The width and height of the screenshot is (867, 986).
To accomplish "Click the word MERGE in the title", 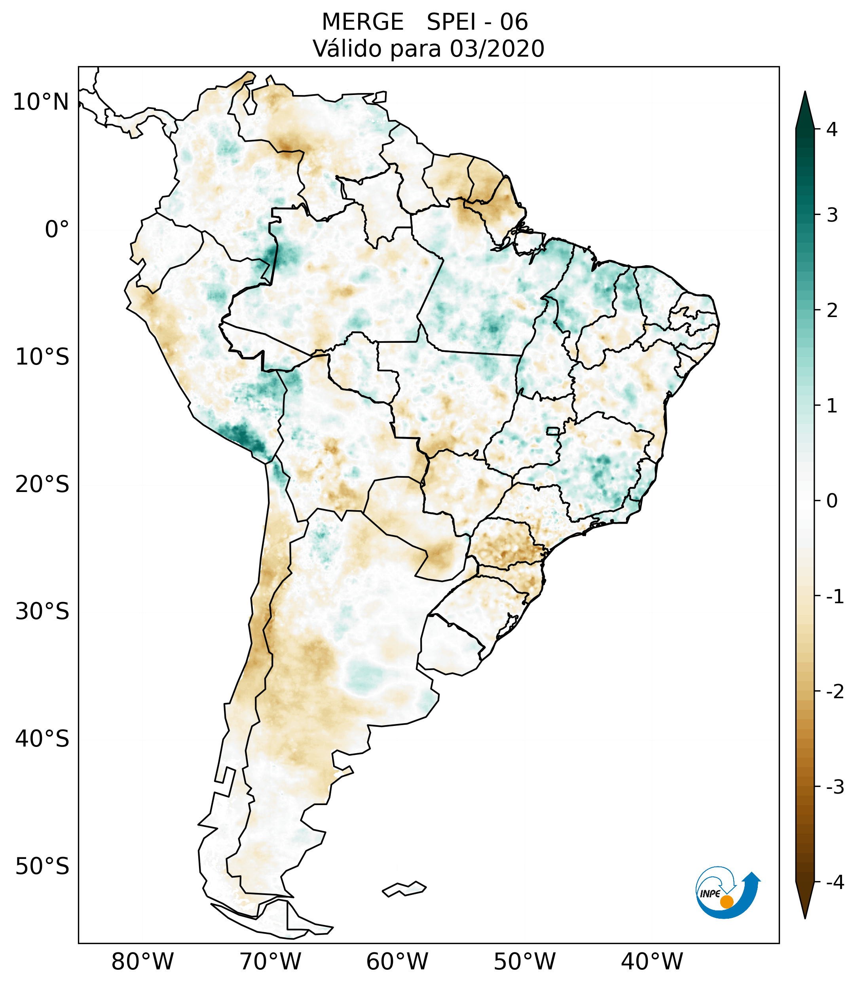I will [362, 22].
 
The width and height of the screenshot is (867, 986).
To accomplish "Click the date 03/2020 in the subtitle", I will [497, 49].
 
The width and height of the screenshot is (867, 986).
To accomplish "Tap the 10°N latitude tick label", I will [40, 102].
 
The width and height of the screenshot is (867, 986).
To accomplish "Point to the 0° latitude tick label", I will [57, 230].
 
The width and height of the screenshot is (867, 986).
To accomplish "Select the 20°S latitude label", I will [42, 484].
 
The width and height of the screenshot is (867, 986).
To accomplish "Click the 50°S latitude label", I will [42, 867].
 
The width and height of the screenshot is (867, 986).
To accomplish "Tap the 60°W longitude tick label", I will [397, 961].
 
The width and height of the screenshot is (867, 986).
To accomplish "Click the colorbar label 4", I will [832, 129].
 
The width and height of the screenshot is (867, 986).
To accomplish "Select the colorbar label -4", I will [835, 883].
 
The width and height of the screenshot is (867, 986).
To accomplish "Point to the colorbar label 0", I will [832, 501].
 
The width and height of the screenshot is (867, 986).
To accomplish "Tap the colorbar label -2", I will [835, 692].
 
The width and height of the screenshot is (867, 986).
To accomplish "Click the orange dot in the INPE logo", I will [726, 902].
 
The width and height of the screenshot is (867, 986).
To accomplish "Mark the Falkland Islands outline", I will [404, 889].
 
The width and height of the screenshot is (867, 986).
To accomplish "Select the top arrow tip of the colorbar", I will [804, 93].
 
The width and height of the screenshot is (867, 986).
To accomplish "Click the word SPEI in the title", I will [451, 22].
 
